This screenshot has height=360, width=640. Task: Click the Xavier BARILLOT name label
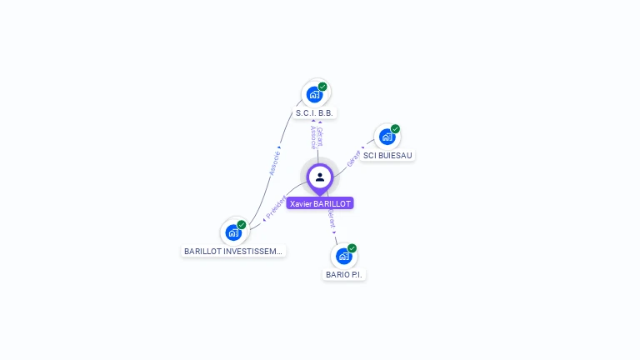click(320, 203)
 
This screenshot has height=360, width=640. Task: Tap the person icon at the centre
click(320, 177)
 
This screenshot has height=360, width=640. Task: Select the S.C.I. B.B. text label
click(316, 112)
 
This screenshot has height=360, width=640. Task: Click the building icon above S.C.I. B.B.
click(314, 93)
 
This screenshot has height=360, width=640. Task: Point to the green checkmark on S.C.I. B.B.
click(322, 87)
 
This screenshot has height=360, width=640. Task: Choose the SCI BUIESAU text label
click(387, 155)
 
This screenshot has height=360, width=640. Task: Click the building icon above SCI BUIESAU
click(387, 136)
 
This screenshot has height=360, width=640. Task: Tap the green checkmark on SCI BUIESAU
click(395, 129)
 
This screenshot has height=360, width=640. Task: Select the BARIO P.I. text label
click(344, 274)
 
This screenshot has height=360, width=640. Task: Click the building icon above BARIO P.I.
click(343, 255)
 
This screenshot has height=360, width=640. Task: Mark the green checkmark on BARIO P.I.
click(352, 248)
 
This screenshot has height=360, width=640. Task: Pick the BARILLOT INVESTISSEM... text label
click(233, 250)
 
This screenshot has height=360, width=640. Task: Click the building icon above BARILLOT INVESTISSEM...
click(233, 232)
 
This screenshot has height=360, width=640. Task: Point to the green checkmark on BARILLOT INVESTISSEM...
click(242, 225)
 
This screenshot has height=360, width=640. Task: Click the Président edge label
click(276, 207)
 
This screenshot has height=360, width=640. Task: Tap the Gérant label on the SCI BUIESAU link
click(354, 158)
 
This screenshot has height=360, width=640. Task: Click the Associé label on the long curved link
click(275, 162)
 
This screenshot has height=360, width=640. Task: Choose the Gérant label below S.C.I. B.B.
click(320, 137)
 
